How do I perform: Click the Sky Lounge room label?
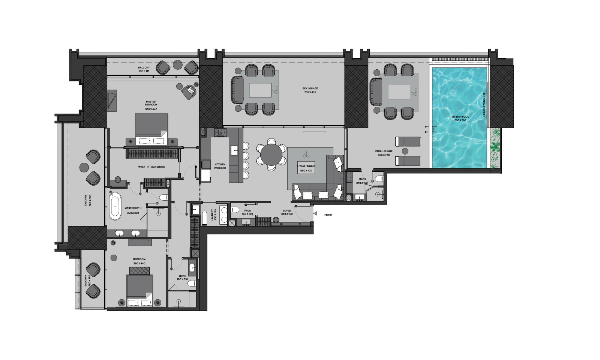[310, 89]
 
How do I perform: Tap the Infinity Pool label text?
[460, 117]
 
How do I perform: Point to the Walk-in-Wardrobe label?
[151, 167]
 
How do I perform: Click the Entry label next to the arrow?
[328, 215]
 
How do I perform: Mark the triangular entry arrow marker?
[315, 214]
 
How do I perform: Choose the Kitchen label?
[220, 165]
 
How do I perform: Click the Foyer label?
[286, 211]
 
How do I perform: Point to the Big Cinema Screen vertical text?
[484, 105]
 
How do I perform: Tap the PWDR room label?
[247, 211]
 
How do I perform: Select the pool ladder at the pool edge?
[434, 130]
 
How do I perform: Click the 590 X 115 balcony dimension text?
[144, 71]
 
